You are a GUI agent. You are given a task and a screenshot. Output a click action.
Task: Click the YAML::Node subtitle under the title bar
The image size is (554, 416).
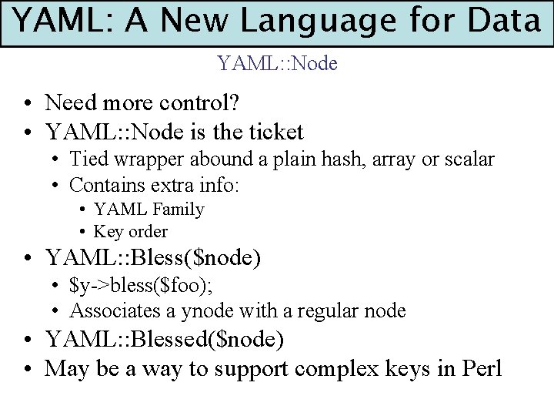(277, 63)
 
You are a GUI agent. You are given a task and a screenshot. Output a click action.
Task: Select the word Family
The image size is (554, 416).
(179, 210)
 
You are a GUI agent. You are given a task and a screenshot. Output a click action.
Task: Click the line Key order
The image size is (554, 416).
(130, 231)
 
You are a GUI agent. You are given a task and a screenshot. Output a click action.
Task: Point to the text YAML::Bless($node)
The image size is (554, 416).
(153, 257)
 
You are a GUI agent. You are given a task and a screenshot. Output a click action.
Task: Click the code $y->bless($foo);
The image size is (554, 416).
(142, 285)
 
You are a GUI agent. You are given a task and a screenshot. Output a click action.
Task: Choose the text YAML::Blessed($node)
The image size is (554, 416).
(165, 339)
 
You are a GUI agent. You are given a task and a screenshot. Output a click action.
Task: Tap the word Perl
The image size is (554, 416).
(482, 368)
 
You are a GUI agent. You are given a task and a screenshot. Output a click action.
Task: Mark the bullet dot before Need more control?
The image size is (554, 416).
(27, 103)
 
